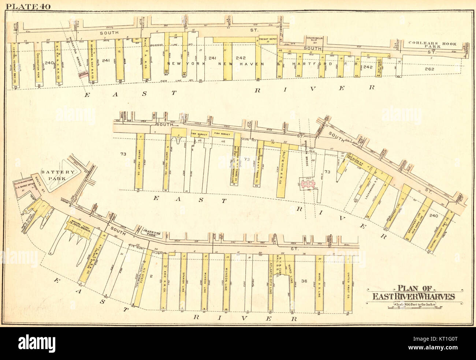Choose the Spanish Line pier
pos(183,282)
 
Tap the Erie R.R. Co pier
pos(165,282)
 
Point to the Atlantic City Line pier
pos(270,282)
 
